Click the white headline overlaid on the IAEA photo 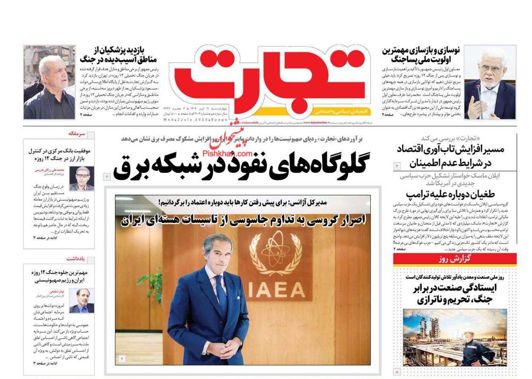tap(243, 221)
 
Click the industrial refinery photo tap(455, 337)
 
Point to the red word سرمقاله tap(77, 134)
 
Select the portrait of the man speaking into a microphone tap(489, 82)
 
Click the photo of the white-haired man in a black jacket tap(49, 82)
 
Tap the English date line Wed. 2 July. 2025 tap(190, 120)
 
